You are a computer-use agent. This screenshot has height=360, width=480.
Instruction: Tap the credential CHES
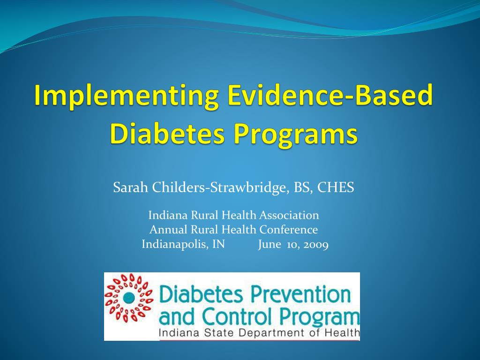tap(336, 188)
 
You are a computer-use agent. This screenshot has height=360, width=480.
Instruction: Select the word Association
tap(289, 215)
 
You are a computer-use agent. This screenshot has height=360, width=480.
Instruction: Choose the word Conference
tap(289, 230)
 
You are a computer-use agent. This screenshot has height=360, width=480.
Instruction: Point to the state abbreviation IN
tap(218, 244)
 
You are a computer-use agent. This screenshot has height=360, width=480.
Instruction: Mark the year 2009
tap(315, 244)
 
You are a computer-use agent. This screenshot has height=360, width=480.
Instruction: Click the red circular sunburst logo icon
tap(129, 297)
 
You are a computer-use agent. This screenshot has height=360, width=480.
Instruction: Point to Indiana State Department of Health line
tap(259, 333)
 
